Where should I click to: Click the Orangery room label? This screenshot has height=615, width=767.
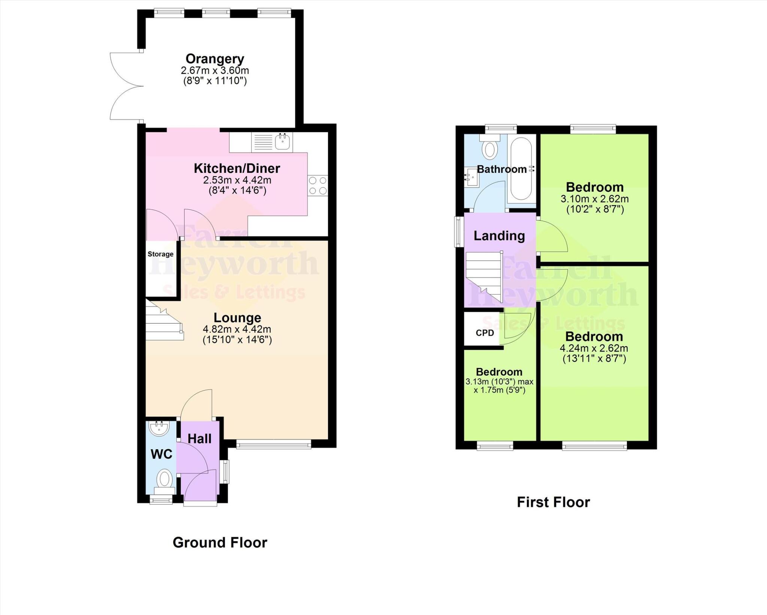(215, 59)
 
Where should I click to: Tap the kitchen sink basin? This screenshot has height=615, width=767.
(282, 141)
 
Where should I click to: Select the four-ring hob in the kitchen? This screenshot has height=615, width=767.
(318, 186)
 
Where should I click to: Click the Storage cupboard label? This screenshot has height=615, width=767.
(160, 254)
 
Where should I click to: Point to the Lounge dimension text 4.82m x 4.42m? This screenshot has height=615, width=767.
(237, 329)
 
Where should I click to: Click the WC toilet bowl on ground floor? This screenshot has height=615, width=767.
(164, 479)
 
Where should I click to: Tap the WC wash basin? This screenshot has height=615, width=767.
(159, 428)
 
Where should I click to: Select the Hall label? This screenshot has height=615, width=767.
(199, 439)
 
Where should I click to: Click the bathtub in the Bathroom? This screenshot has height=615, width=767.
(521, 169)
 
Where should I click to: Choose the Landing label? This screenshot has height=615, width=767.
(499, 236)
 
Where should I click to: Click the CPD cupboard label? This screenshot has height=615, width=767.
(485, 333)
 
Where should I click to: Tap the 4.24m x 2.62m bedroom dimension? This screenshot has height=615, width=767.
(594, 348)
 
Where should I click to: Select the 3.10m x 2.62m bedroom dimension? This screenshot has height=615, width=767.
(594, 199)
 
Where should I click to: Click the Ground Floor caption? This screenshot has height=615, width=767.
(220, 542)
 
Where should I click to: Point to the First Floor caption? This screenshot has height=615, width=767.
(553, 502)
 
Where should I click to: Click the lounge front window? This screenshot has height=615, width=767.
(274, 445)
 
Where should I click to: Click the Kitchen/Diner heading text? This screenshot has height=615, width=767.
(237, 168)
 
